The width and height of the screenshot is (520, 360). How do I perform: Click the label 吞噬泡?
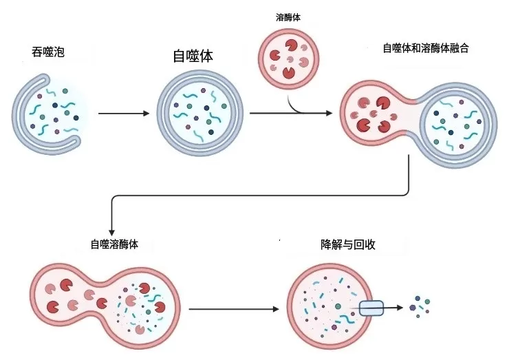47,52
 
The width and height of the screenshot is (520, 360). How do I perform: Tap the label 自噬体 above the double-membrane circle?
193,56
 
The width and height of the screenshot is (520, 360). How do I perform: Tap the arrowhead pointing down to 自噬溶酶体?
111,233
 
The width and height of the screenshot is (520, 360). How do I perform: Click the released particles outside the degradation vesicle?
421,305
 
